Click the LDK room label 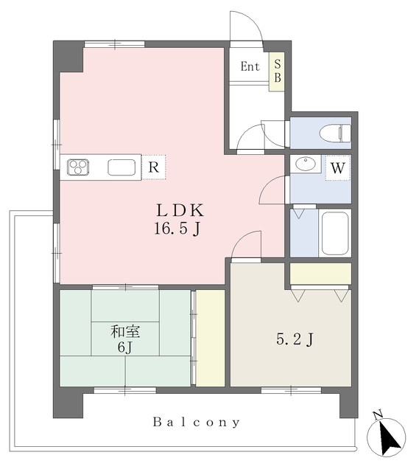tap(180, 210)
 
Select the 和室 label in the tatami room tap(125, 331)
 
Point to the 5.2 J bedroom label tap(295, 340)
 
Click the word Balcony tap(197, 422)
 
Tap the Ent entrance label tap(250, 66)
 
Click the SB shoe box tap(277, 72)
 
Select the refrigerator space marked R tap(154, 167)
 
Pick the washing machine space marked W tap(338, 168)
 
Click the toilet tap(335, 133)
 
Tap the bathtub tap(335, 234)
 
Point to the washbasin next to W tap(306, 164)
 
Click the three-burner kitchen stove tap(78, 167)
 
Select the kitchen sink tap(122, 167)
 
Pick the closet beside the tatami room tap(210, 338)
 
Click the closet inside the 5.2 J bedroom tap(320, 274)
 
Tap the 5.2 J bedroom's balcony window tap(291, 390)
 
